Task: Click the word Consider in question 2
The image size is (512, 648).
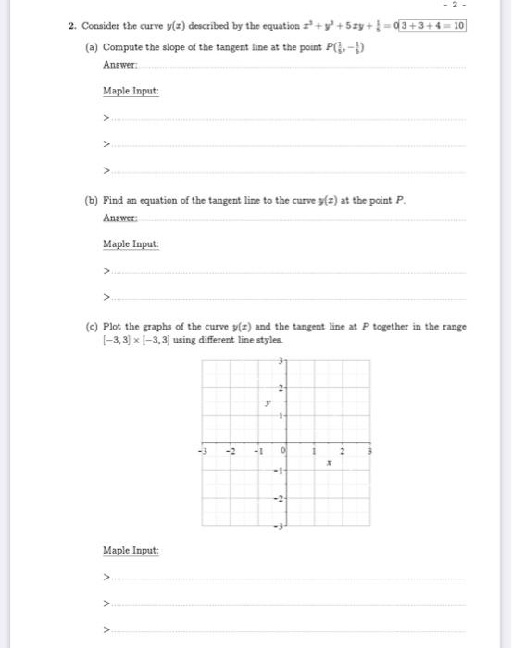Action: pos(103,26)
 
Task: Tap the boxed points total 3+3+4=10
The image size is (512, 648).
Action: pos(434,26)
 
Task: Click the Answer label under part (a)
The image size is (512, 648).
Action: pos(119,64)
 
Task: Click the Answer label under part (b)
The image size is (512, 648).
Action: pos(119,218)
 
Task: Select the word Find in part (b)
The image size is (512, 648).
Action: pos(116,201)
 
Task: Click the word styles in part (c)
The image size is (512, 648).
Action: pos(267,340)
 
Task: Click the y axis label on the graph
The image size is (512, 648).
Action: pos(266,404)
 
